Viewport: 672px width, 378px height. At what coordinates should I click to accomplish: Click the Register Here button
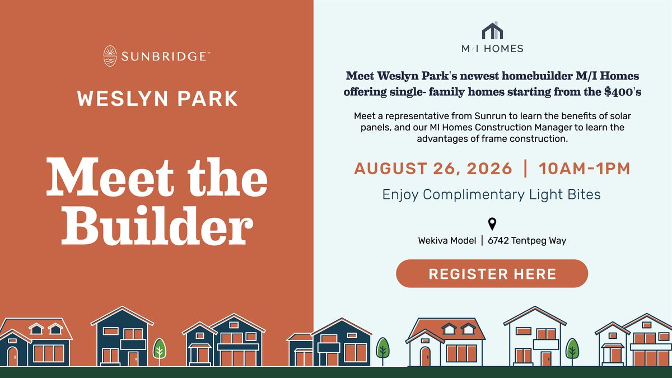coord(492,274)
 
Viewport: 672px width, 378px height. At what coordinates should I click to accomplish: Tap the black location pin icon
coord(492,224)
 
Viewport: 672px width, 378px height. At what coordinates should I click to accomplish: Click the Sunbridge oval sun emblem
coord(110,56)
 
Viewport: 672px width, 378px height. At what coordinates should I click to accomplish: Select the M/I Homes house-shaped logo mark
coord(492,30)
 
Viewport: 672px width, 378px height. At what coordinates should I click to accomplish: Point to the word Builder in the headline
coord(157,226)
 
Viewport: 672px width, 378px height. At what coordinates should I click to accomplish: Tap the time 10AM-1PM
coord(584,169)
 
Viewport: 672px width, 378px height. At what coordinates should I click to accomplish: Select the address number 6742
coord(498,241)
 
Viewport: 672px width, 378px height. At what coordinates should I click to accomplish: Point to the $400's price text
coord(623,91)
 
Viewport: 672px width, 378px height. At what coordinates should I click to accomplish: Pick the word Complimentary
coord(474,195)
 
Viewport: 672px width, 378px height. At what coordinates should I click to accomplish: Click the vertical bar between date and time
coord(525,169)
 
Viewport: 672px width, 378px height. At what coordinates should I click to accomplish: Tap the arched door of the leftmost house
coord(12,356)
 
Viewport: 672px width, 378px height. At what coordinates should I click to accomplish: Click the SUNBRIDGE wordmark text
coord(166,57)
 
